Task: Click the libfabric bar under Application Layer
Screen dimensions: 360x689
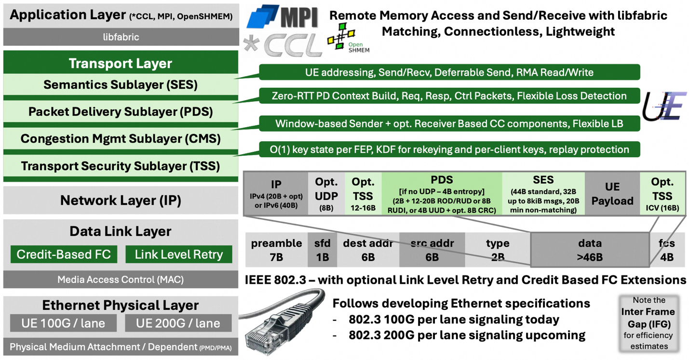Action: click(121, 37)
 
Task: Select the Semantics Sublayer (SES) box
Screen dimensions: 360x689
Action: click(121, 85)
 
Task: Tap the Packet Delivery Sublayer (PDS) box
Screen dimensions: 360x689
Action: click(121, 112)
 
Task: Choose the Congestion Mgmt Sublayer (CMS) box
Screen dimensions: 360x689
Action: click(121, 139)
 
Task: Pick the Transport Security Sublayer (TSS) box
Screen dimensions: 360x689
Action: click(121, 166)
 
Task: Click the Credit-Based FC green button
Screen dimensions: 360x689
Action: click(64, 254)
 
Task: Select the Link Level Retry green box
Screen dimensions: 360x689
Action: click(178, 254)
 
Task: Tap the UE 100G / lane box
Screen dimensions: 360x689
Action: click(63, 323)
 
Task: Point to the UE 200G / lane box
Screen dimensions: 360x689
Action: click(178, 323)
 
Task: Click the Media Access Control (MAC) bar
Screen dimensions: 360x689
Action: click(121, 279)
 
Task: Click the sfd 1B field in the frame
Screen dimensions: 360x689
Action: click(323, 250)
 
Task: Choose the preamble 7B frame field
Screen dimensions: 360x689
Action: click(276, 250)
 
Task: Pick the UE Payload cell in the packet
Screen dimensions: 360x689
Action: click(612, 194)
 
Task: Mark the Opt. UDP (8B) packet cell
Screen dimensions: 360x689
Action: click(326, 194)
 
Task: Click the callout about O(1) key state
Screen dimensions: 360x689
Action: click(449, 149)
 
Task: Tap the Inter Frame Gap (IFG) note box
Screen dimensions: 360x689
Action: click(648, 323)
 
